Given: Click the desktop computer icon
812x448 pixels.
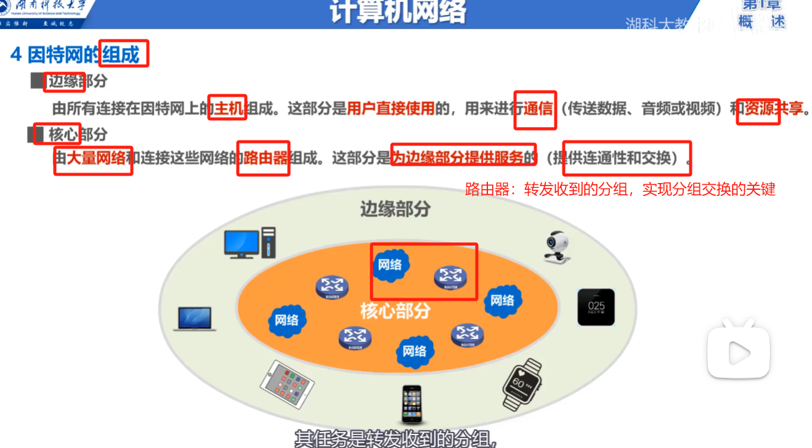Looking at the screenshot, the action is [250, 243].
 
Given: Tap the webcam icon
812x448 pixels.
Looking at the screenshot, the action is [557, 246].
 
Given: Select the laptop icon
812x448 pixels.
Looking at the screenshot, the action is [195, 319].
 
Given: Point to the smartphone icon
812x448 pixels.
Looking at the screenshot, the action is [412, 404].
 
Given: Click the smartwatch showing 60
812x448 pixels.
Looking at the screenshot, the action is [522, 384].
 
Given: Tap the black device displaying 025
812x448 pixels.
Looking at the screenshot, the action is [596, 307].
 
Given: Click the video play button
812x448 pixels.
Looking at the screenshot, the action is [738, 352].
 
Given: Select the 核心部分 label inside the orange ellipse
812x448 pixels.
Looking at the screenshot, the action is [395, 311].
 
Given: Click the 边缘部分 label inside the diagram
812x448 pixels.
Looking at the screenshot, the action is [395, 210].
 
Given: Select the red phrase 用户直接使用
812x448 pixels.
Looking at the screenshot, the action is [391, 109].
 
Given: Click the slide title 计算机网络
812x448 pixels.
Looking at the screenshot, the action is [398, 12].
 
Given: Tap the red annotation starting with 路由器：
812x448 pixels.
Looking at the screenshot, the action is [620, 189].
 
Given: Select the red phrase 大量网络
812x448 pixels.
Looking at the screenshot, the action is [95, 158].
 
